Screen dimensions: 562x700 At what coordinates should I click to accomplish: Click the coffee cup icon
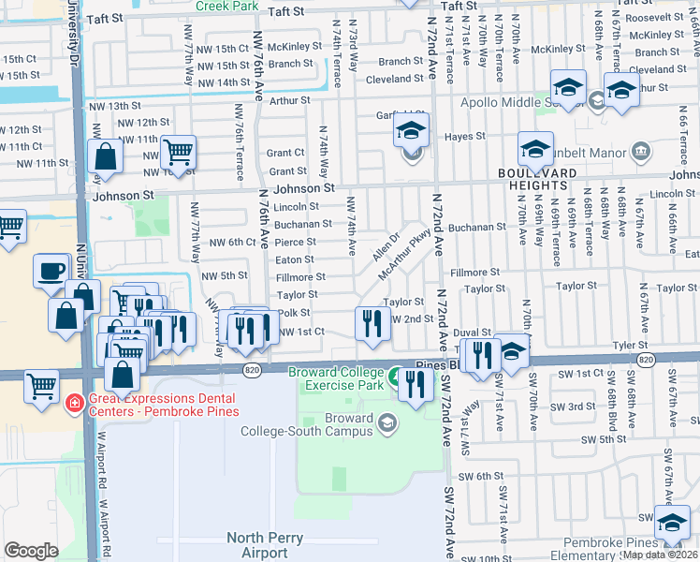pyautogui.click(x=51, y=272)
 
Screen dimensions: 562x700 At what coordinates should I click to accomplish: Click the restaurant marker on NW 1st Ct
pyautogui.click(x=372, y=324)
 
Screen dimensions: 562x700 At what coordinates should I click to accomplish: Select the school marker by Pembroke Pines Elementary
pyautogui.click(x=671, y=522)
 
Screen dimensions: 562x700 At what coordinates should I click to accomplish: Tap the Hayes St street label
pyautogui.click(x=465, y=136)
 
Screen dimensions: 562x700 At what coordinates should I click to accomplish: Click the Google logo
pyautogui.click(x=31, y=551)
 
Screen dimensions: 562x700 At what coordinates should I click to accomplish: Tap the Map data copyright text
pyautogui.click(x=660, y=555)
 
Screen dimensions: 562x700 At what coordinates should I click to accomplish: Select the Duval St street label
pyautogui.click(x=473, y=333)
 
